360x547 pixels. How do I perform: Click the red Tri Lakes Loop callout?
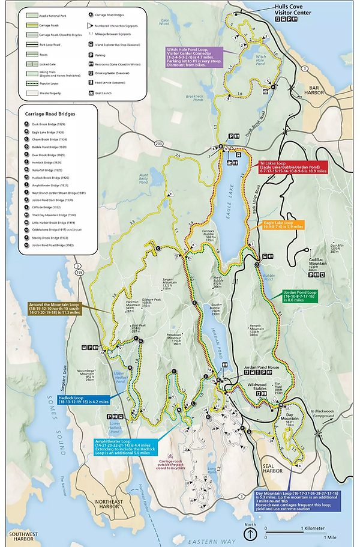pyautogui.click(x=293, y=167)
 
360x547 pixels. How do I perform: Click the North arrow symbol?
pyautogui.click(x=250, y=534)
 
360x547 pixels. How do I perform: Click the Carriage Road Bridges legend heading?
pyautogui.click(x=52, y=112)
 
